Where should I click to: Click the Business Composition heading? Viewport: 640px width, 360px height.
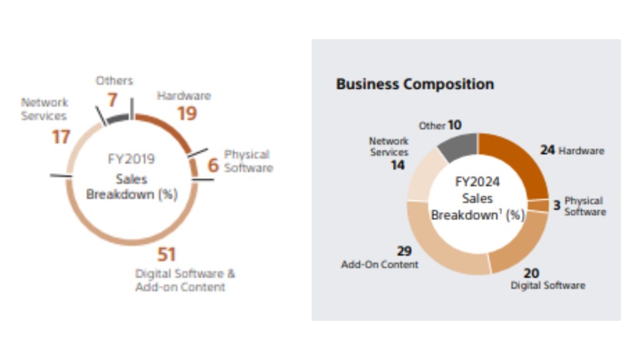415,84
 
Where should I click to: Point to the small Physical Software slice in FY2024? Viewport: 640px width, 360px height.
538,205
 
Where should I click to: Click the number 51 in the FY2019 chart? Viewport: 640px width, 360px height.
166,254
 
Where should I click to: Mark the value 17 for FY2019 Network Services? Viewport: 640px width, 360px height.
61,136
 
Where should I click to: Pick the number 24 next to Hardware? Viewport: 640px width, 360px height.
547,150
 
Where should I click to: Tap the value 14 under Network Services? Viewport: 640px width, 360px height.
398,166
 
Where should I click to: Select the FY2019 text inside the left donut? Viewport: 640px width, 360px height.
131,159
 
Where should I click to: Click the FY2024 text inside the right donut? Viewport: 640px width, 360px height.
477,182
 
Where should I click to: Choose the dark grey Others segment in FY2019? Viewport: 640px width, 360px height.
117,117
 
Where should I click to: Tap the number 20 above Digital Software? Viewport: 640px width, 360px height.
532,272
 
